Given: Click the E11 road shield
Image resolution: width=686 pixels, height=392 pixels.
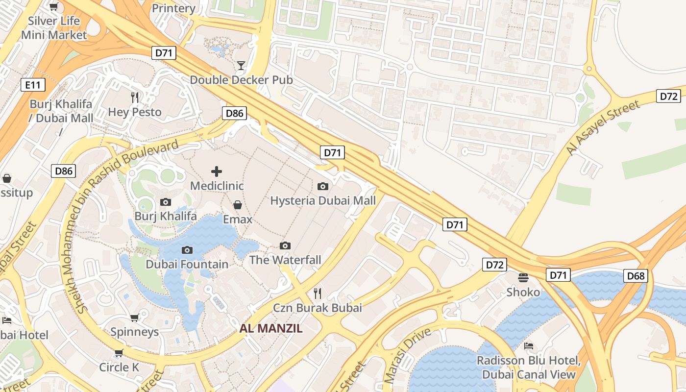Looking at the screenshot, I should [33, 85].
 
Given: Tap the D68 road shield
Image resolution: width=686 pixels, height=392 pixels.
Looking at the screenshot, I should [636, 276].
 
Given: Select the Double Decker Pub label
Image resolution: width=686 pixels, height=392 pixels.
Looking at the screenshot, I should [241, 80].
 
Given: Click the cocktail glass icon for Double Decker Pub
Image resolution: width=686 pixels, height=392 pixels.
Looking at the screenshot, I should [241, 66].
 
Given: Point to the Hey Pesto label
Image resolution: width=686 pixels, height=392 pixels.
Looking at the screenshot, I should [135, 112].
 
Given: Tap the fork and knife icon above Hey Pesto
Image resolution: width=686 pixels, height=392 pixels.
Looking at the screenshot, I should [135, 98].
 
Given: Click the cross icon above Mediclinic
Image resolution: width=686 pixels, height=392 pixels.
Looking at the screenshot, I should [217, 171].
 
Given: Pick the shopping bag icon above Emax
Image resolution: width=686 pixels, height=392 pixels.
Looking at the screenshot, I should [238, 205].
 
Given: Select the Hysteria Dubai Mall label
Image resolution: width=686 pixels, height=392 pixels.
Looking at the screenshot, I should [323, 200].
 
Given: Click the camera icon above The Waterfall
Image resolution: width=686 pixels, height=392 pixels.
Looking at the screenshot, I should [285, 245].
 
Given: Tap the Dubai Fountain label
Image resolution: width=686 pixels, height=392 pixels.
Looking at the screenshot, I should [187, 265].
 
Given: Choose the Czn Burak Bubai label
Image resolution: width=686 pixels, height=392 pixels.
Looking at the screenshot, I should [318, 308].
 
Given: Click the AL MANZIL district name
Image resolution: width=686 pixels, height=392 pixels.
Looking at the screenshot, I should [271, 328].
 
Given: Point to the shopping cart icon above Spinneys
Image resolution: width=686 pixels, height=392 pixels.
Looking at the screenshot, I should [134, 318].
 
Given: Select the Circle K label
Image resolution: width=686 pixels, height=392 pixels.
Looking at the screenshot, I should [119, 367].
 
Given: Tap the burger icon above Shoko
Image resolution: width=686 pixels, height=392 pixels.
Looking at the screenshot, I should [523, 278].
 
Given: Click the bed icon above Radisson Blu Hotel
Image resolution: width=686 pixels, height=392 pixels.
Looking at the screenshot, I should [529, 346].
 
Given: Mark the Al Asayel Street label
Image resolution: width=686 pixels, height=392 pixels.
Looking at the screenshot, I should [603, 128].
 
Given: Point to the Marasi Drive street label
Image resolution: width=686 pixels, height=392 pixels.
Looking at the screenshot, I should [408, 355].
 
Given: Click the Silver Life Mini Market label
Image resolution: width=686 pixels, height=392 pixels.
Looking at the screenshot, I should [54, 28].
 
